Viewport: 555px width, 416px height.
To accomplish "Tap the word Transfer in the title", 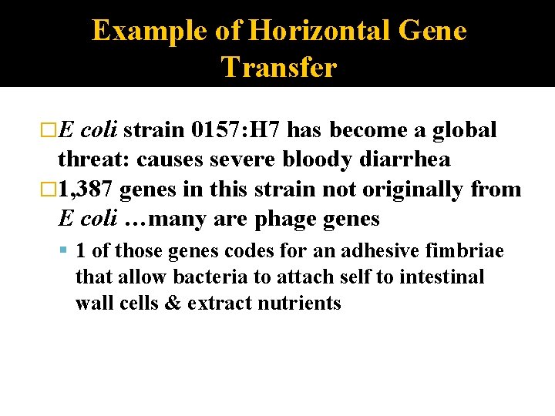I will (x=279, y=68).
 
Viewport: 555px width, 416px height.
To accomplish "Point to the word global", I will (x=465, y=129).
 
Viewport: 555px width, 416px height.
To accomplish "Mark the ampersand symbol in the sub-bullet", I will (x=171, y=303).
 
